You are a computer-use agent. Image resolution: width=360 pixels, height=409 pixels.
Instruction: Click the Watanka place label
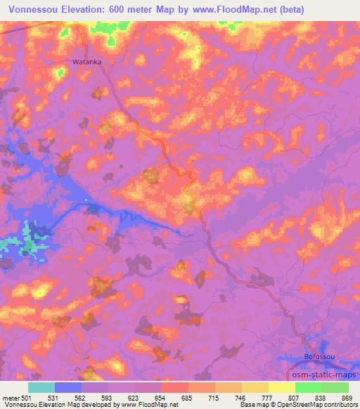click(87, 62)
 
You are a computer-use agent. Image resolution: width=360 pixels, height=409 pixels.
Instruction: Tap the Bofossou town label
click(318, 358)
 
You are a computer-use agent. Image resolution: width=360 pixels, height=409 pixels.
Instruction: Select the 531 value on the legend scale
click(55, 398)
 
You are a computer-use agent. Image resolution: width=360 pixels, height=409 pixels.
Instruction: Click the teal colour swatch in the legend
click(41, 387)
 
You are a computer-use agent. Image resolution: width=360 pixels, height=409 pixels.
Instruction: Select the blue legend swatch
click(67, 387)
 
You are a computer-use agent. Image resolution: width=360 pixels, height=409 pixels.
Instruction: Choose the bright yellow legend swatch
click(281, 387)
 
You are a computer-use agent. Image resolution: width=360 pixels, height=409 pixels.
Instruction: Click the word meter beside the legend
click(10, 398)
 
